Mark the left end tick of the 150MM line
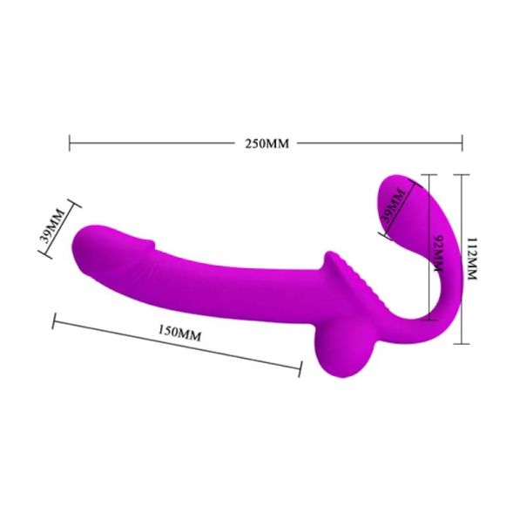click(x=54, y=323)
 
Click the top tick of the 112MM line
click(x=462, y=174)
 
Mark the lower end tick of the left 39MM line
click(x=41, y=255)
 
